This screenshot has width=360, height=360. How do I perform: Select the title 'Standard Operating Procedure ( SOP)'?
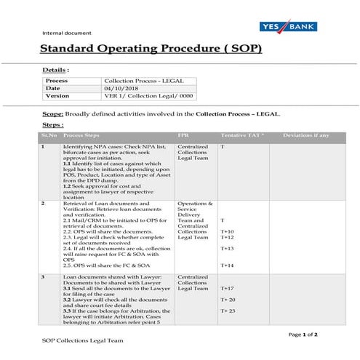pyautogui.click(x=151, y=50)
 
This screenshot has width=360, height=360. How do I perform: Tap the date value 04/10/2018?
pyautogui.click(x=120, y=88)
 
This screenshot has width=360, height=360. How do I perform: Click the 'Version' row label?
pyautogui.click(x=57, y=95)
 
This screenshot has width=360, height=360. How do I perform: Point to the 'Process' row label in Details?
pyautogui.click(x=57, y=80)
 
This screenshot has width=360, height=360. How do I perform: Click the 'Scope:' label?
pyautogui.click(x=52, y=114)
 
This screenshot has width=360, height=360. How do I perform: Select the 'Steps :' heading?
pyautogui.click(x=53, y=125)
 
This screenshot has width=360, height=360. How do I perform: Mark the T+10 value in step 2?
pyautogui.click(x=227, y=231)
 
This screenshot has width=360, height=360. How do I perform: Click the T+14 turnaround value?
pyautogui.click(x=227, y=265)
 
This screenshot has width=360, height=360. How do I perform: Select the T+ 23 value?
pyautogui.click(x=228, y=311)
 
